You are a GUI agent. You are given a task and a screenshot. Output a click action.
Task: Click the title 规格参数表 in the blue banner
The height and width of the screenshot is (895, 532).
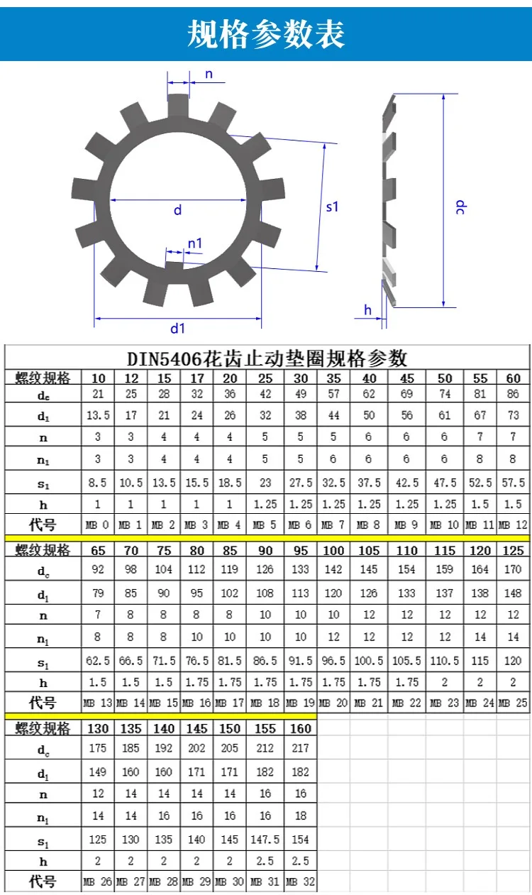(x=266, y=34)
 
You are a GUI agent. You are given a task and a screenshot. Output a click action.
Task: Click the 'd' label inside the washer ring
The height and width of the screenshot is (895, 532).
(x=178, y=210)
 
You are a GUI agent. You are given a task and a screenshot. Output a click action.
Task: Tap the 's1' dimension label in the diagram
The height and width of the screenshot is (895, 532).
(x=333, y=207)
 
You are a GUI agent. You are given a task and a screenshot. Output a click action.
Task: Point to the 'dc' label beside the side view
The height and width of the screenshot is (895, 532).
(x=460, y=207)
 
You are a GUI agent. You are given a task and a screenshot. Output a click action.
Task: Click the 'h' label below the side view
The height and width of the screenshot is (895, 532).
(x=367, y=309)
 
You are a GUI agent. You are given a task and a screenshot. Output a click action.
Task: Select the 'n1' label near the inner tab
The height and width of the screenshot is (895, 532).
(x=195, y=243)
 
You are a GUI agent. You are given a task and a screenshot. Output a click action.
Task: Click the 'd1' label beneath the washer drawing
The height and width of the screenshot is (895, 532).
(x=177, y=328)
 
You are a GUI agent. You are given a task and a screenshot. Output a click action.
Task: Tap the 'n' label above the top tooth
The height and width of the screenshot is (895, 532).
(x=209, y=75)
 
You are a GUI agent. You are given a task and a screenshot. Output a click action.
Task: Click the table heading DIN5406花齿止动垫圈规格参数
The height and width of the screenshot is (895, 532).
(x=267, y=356)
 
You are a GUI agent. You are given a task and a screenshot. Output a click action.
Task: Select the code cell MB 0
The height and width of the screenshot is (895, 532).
(x=98, y=526)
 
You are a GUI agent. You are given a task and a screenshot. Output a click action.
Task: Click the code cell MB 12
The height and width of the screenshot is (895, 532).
(x=514, y=526)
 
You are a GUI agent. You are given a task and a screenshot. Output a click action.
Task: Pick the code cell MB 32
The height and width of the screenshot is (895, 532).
(x=301, y=882)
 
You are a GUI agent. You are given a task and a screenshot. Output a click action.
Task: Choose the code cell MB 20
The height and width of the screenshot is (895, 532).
(x=334, y=703)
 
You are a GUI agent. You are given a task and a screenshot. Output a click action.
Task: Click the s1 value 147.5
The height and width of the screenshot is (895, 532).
(x=265, y=840)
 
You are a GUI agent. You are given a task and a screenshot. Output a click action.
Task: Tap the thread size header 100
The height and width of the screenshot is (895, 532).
(x=334, y=551)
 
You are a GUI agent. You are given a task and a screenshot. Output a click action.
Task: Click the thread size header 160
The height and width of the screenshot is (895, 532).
(x=301, y=729)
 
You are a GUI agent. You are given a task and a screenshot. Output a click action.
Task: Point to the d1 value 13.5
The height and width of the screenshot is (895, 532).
(x=98, y=416)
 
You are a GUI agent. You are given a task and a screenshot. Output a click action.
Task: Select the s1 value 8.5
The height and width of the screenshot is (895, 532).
(x=98, y=483)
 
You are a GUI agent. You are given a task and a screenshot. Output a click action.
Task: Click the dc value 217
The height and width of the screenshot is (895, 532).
(x=301, y=748)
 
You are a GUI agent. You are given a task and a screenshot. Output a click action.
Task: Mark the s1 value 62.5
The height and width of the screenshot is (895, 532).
(x=98, y=661)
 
